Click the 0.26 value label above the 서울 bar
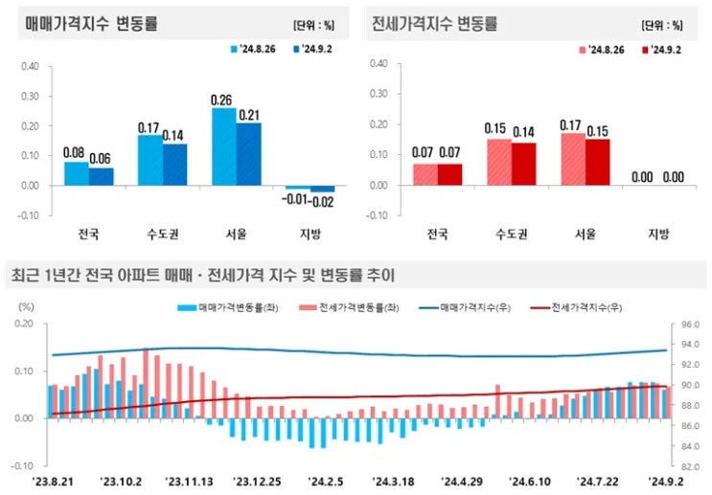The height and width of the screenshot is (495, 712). (x=224, y=99)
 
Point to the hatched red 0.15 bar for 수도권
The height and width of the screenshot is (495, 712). (x=499, y=162)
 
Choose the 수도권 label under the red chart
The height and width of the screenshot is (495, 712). (x=512, y=234)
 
